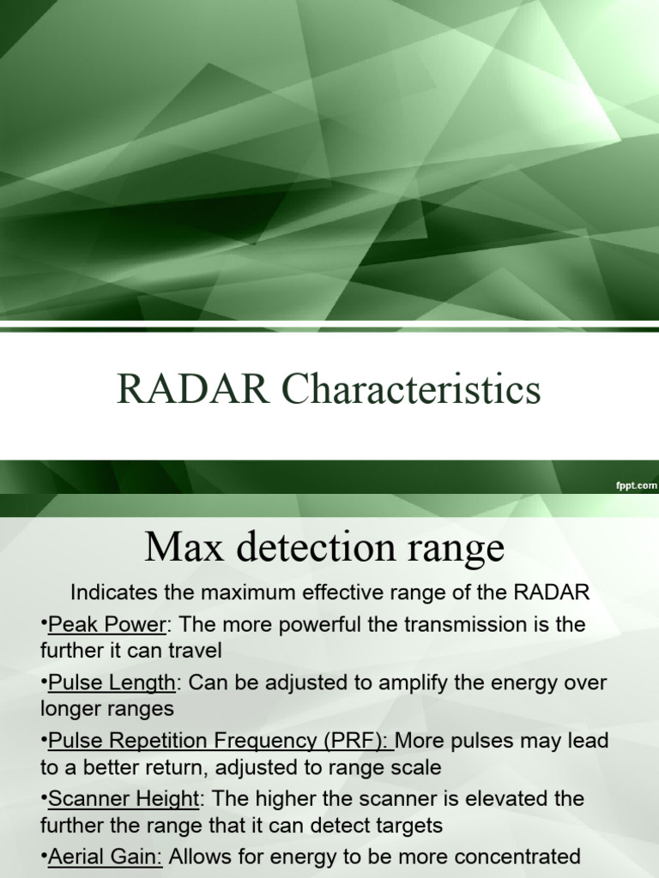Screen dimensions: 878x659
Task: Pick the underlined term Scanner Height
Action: point(124,799)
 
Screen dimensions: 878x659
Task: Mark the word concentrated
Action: point(500,857)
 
